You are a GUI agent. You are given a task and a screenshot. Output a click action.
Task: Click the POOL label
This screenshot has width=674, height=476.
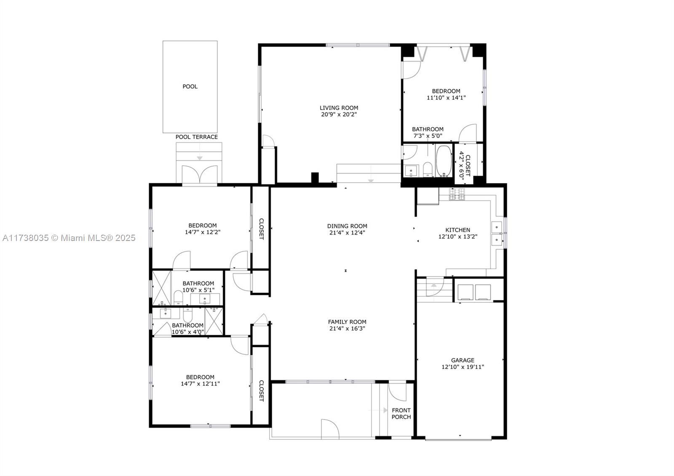pos(190,87)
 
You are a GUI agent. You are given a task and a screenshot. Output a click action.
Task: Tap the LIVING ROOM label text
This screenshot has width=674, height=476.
pos(339,108)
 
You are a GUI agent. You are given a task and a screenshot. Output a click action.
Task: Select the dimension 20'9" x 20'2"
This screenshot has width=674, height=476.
pos(339,114)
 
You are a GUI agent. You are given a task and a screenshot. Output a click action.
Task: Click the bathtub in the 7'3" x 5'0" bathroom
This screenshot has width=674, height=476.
pos(444,161)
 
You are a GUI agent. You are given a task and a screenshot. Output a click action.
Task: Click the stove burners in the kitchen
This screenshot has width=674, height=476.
pos(457,194)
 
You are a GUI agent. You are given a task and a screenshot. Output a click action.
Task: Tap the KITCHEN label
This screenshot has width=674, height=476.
pos(457,230)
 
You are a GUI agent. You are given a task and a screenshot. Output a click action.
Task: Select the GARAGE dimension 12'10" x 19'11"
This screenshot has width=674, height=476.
pos(463,367)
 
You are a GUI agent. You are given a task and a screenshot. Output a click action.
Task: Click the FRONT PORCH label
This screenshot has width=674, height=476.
pos(401,413)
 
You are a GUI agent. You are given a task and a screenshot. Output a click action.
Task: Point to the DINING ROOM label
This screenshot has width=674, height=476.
pos(347,226)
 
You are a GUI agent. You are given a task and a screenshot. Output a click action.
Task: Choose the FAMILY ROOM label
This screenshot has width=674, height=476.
pos(347,322)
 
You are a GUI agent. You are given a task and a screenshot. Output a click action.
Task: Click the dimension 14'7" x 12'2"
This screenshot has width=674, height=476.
pos(203,232)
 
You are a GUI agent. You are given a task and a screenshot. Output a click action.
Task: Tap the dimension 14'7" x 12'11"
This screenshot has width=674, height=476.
pos(201,384)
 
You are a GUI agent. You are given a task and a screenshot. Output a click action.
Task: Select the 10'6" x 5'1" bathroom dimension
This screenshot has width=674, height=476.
pos(198,290)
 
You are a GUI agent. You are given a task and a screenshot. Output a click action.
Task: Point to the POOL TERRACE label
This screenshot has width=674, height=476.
pos(196,137)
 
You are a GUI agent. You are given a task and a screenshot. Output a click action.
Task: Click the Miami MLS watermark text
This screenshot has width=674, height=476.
pos(69,238)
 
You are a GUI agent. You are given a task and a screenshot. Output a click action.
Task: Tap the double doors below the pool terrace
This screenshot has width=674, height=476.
pos(200,174)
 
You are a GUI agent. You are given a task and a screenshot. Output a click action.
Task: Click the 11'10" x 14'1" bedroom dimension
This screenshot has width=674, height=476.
pos(446,97)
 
